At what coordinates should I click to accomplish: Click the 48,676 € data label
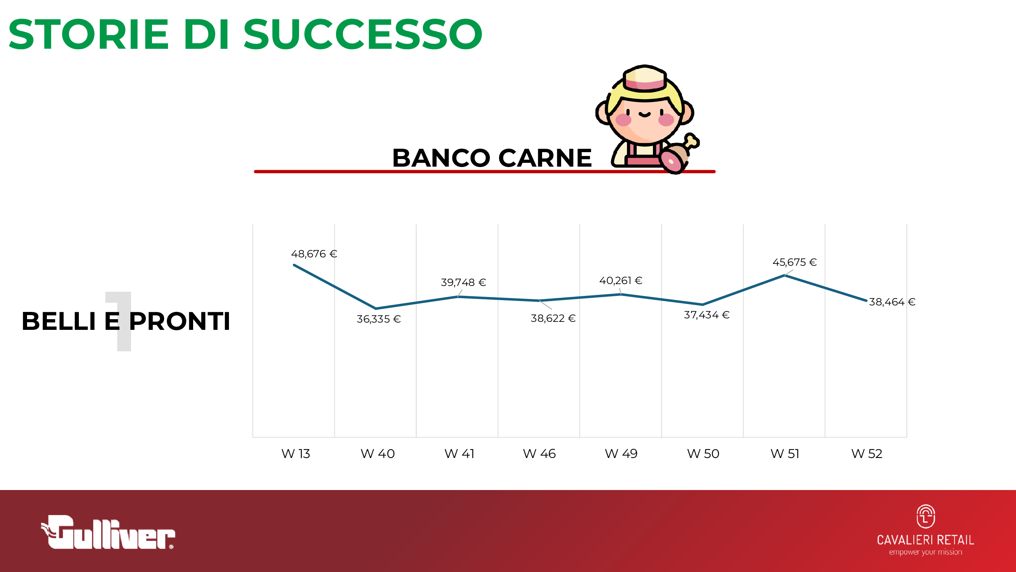pyautogui.click(x=314, y=254)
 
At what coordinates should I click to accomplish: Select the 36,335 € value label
pyautogui.click(x=379, y=319)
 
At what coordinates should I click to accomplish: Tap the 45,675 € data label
pyautogui.click(x=794, y=262)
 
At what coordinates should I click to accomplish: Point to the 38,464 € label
pyautogui.click(x=892, y=302)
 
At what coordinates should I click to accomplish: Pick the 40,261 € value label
pyautogui.click(x=621, y=281)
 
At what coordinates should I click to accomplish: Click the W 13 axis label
pyautogui.click(x=296, y=453)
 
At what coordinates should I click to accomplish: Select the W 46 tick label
pyautogui.click(x=539, y=453)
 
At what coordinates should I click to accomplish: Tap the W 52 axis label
pyautogui.click(x=867, y=453)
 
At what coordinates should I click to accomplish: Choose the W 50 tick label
pyautogui.click(x=703, y=453)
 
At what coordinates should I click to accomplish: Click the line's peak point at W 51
pyautogui.click(x=784, y=276)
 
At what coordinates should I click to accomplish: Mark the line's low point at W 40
pyautogui.click(x=376, y=308)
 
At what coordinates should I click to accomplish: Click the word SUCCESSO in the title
pyautogui.click(x=363, y=34)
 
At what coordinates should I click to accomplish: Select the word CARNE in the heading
pyautogui.click(x=545, y=158)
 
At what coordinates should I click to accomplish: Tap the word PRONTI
pyautogui.click(x=179, y=321)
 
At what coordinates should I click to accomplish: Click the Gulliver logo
pyautogui.click(x=108, y=532)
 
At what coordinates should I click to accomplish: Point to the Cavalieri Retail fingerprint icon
pyautogui.click(x=925, y=516)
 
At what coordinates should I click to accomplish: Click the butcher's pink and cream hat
pyautogui.click(x=645, y=79)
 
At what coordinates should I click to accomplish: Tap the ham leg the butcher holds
pyautogui.click(x=679, y=154)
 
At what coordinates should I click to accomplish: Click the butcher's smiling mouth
pyautogui.click(x=645, y=115)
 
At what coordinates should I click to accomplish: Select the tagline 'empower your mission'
pyautogui.click(x=925, y=552)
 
